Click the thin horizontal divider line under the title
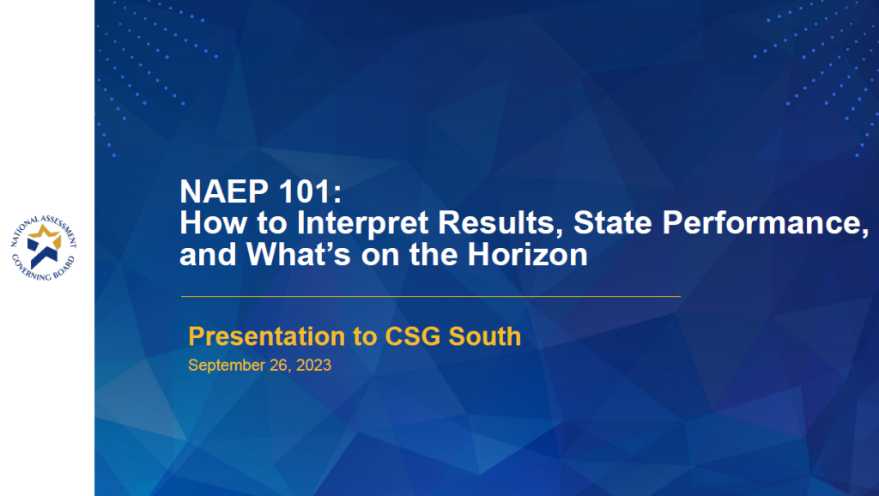pyautogui.click(x=429, y=296)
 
